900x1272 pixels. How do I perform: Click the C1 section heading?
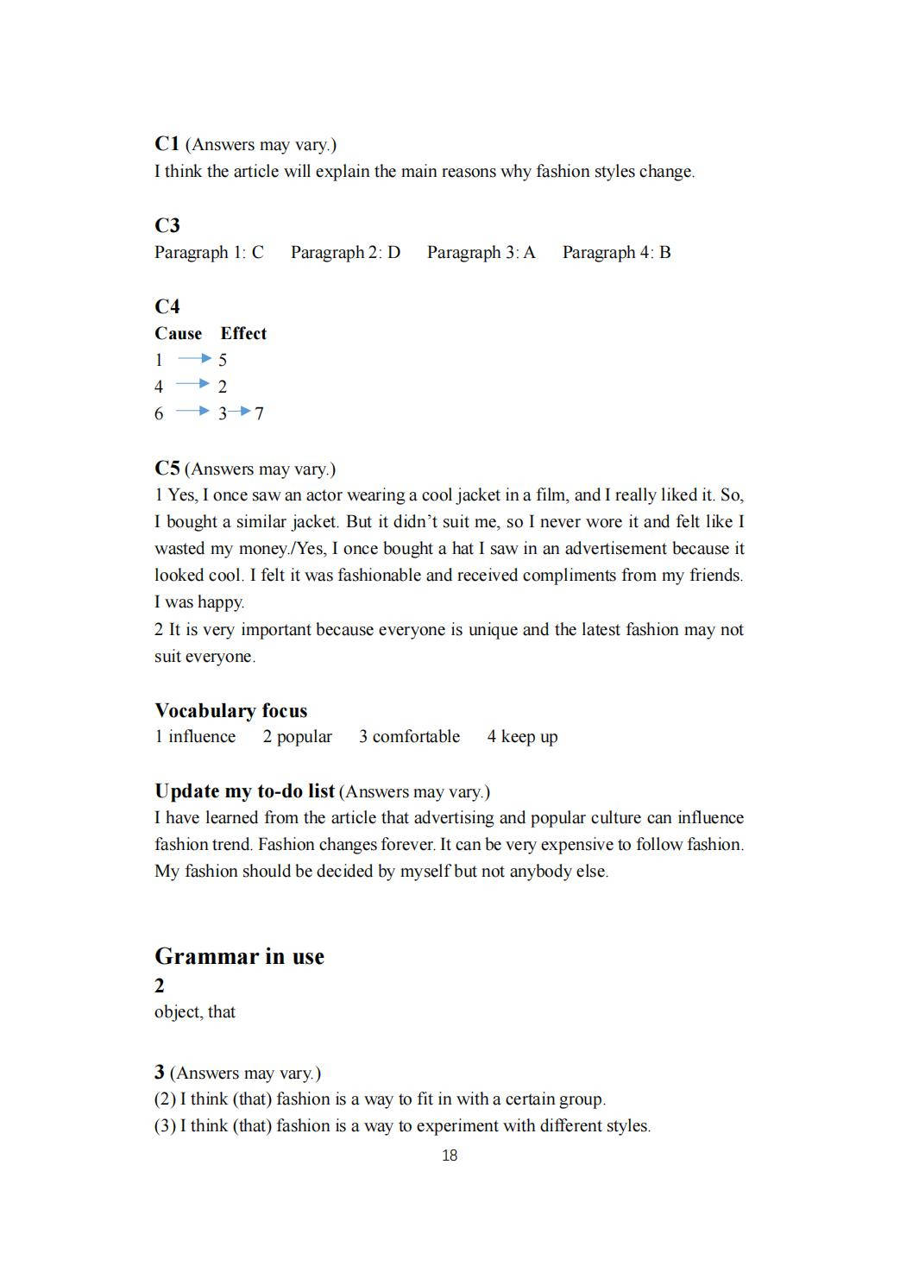[x=167, y=143]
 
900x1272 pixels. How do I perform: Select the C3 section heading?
[x=167, y=225]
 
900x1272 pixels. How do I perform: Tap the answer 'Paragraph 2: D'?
[x=345, y=253]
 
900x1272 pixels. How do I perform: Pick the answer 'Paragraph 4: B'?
[x=616, y=253]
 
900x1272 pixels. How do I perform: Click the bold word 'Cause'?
[x=178, y=334]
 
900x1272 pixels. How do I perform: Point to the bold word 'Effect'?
[x=243, y=334]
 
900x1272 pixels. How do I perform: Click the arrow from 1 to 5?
[x=194, y=358]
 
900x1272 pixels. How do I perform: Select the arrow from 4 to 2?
[x=192, y=384]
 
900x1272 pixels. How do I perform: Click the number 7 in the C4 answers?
[x=260, y=414]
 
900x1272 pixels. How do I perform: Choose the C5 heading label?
[x=167, y=469]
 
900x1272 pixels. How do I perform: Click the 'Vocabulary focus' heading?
[x=230, y=711]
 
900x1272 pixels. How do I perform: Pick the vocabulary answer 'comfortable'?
[x=416, y=737]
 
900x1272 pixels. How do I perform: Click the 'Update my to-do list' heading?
[x=244, y=791]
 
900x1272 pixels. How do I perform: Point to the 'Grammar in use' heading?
[x=239, y=956]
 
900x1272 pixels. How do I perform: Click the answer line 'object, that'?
[x=195, y=1012]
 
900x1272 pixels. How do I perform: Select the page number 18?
[x=450, y=1156]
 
